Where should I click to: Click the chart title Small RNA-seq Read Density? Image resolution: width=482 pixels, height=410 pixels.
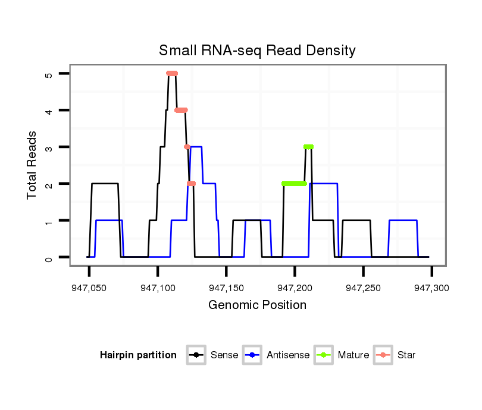[257, 51]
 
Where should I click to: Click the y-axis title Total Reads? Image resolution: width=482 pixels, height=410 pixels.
[33, 165]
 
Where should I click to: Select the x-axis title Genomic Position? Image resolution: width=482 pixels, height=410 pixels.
[257, 305]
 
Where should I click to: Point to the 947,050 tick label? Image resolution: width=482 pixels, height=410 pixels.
[89, 288]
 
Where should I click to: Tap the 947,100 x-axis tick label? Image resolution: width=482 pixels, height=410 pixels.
[157, 288]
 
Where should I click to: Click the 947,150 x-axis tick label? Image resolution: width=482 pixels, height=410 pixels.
[226, 288]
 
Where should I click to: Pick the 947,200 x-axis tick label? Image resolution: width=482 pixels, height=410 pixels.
[295, 288]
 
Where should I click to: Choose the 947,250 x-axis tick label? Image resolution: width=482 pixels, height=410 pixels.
[363, 288]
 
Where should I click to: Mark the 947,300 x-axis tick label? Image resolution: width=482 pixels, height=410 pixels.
[431, 288]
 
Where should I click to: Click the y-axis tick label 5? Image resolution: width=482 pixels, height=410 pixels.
[49, 74]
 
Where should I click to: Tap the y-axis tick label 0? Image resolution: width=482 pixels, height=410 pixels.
[49, 257]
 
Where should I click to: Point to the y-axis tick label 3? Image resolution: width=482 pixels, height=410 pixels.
[49, 147]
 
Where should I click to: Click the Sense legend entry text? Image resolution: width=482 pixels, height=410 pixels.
[224, 355]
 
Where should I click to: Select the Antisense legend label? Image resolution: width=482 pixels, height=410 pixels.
[288, 355]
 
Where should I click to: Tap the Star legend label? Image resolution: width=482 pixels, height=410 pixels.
[406, 355]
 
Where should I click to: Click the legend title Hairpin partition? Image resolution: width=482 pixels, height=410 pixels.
[138, 355]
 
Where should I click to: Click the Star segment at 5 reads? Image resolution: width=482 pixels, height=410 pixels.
[172, 73]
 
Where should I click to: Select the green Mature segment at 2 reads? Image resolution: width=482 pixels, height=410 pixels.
[294, 184]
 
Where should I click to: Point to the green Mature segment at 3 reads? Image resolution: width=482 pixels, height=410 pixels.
[308, 147]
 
